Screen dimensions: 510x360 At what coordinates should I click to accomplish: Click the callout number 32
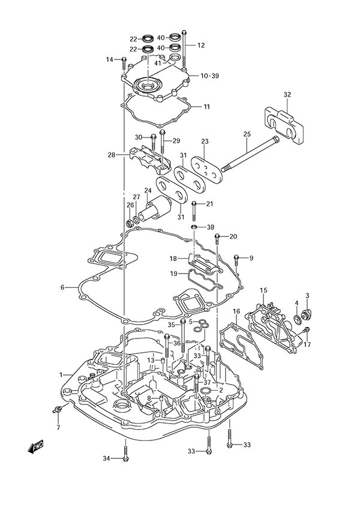tap(287, 95)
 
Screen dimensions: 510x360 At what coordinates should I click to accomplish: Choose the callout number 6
tap(62, 287)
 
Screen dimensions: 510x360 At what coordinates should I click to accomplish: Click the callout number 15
tap(263, 290)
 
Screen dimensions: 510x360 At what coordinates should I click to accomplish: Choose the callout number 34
tap(106, 459)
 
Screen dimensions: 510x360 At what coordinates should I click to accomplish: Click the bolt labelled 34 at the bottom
tap(125, 454)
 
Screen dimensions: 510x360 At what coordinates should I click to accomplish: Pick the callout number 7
tap(58, 428)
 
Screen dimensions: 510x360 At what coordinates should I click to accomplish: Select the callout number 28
tap(111, 155)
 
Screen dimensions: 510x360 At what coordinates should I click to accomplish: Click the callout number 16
tap(236, 311)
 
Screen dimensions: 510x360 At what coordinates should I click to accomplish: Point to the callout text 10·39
tap(209, 76)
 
